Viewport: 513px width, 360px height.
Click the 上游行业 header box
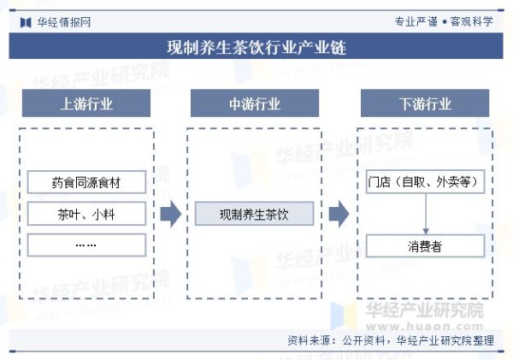tap(86, 103)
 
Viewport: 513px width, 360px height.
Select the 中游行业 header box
tap(255, 103)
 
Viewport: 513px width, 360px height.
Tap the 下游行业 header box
tap(425, 103)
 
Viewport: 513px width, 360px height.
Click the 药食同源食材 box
tap(86, 182)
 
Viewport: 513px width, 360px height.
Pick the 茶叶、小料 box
tap(86, 214)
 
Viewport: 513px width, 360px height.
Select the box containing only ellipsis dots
tap(86, 245)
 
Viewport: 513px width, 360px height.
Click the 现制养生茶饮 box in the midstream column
tap(254, 214)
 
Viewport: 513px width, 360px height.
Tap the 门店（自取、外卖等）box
tap(425, 181)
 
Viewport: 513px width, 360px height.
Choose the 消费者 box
tap(425, 245)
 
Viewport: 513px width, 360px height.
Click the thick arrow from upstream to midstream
tap(171, 214)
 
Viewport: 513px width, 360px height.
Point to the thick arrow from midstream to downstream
tap(339, 214)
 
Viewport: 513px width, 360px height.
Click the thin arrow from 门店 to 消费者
tap(426, 214)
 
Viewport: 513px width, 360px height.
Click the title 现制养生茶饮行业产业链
tap(256, 47)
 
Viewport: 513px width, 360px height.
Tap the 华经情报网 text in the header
tap(64, 22)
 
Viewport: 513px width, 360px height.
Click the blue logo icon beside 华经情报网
tap(26, 22)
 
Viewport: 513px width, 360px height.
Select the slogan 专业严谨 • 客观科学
tap(444, 21)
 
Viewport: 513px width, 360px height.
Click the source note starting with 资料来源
tap(391, 340)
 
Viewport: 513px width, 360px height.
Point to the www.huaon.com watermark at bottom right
tap(425, 326)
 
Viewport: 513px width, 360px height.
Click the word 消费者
tap(425, 246)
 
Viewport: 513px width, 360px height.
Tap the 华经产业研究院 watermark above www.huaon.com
tap(425, 310)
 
